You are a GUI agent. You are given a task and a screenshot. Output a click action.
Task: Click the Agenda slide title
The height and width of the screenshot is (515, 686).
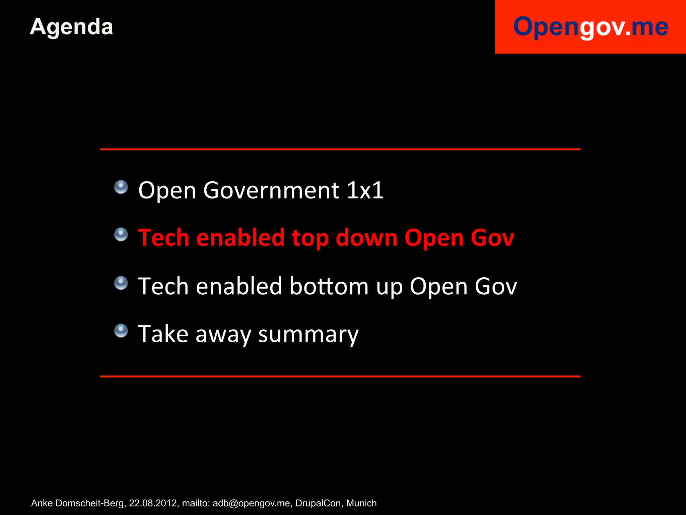(71, 27)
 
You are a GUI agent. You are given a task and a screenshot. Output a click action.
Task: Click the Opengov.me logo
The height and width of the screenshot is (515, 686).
(591, 27)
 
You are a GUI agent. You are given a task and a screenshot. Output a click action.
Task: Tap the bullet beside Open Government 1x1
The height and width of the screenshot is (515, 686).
(121, 187)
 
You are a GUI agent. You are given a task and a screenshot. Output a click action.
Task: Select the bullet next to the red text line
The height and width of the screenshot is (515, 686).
(121, 234)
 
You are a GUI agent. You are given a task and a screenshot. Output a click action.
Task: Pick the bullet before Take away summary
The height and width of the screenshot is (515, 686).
(121, 331)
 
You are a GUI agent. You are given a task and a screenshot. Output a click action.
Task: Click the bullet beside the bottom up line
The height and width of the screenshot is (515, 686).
(121, 283)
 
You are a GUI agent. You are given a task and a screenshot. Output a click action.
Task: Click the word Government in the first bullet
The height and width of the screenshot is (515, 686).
(271, 190)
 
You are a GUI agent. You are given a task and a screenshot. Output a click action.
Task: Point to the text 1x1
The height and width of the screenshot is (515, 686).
(365, 190)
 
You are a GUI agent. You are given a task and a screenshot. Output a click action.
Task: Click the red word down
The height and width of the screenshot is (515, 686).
(366, 238)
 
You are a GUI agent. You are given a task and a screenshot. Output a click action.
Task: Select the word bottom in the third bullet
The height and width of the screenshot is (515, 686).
(329, 286)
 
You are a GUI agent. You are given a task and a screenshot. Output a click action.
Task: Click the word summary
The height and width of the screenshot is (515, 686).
(308, 335)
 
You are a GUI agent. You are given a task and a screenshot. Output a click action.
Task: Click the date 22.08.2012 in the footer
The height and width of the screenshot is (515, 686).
(153, 503)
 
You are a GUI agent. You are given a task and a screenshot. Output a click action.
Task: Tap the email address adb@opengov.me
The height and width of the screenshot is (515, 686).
(251, 503)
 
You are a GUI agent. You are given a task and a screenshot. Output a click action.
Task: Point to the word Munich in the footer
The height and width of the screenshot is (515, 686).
(361, 503)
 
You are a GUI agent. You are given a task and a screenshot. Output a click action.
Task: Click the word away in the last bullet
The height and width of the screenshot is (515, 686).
(223, 335)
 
